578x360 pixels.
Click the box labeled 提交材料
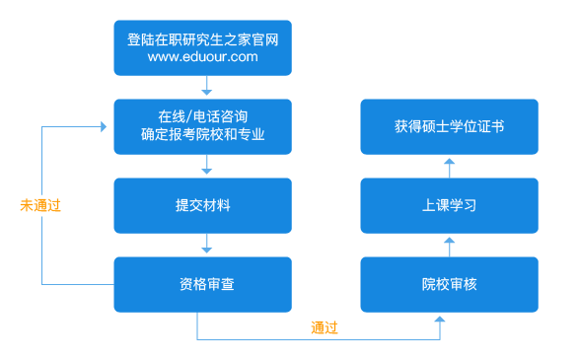tap(202, 205)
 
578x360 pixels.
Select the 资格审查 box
tap(202, 284)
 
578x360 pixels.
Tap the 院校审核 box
tap(449, 284)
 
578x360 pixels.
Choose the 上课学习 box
tap(449, 205)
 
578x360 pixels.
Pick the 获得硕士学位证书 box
tap(449, 126)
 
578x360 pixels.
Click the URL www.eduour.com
tap(202, 57)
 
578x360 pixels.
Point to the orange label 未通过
tap(40, 205)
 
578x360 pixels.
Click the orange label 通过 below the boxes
tap(325, 327)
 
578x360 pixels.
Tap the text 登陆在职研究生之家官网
tap(202, 39)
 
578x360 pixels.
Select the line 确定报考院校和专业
tap(202, 135)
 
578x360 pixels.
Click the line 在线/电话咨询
tap(202, 117)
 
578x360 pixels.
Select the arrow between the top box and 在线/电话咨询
tap(207, 87)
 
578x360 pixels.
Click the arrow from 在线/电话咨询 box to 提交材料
tap(207, 166)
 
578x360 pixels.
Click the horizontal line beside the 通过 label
tap(256, 340)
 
